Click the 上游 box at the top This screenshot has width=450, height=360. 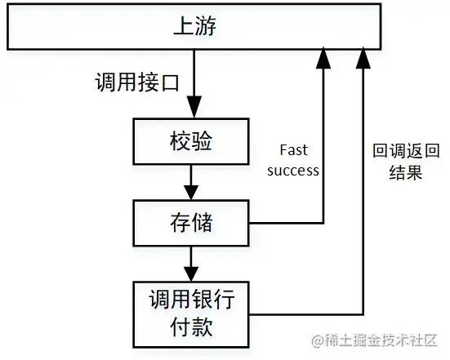pos(194,27)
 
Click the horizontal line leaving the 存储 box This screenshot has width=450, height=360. pos(286,222)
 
